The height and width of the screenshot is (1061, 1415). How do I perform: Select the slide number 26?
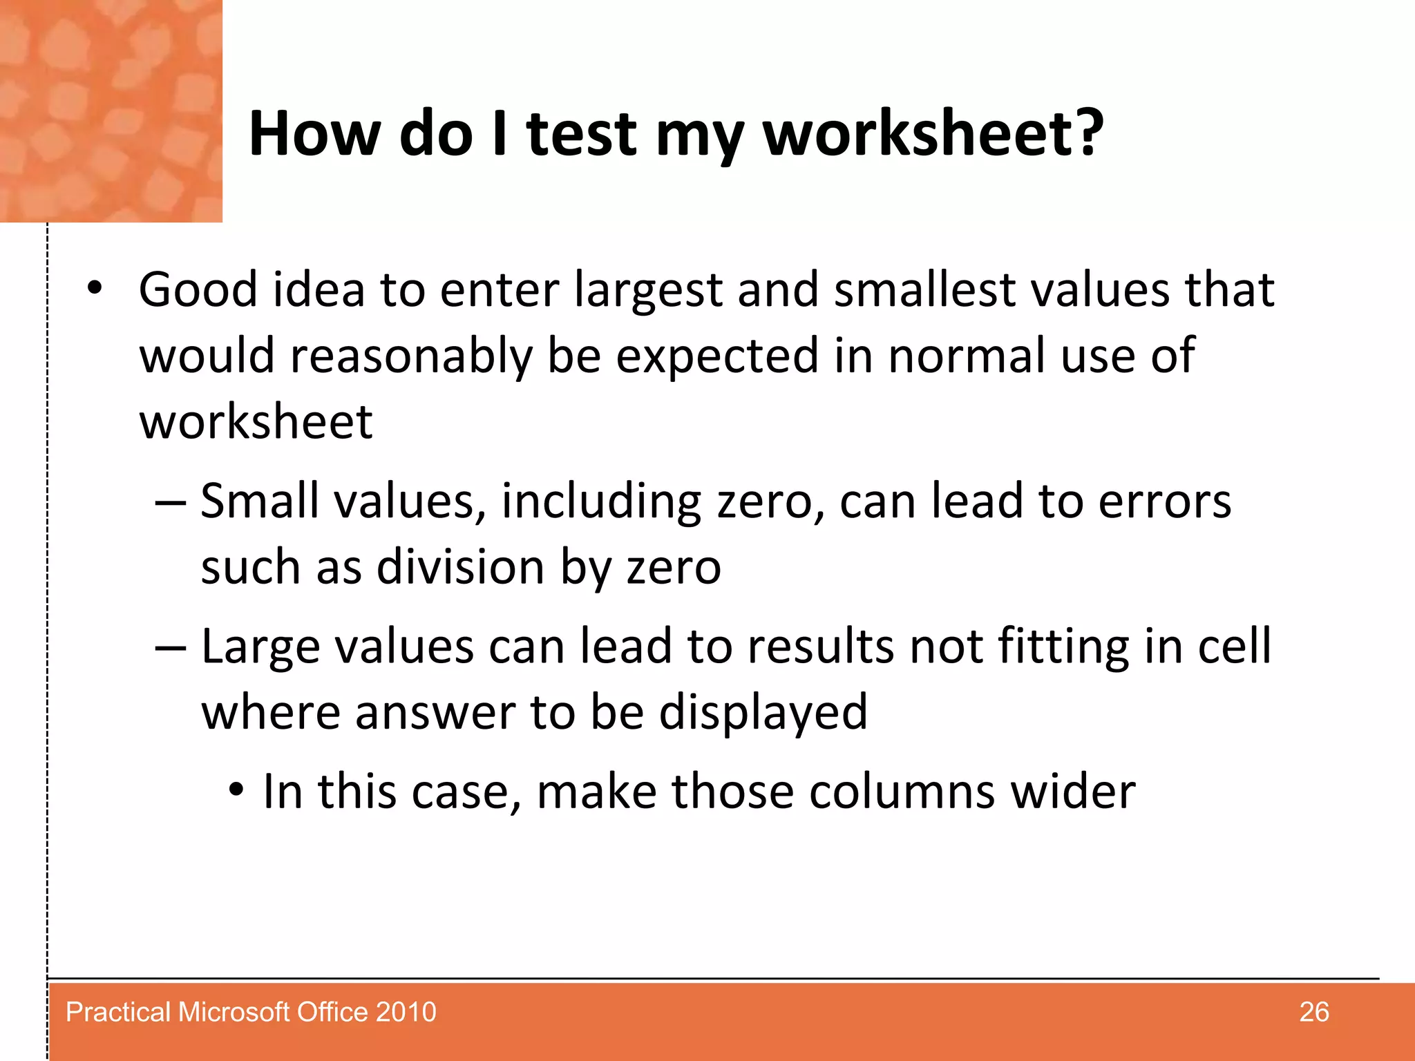1313,1012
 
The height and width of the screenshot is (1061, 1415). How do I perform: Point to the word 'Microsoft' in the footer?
234,1012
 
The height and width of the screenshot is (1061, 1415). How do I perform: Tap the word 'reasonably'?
411,356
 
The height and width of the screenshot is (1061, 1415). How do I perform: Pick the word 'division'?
460,567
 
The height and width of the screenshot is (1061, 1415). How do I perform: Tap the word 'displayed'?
763,713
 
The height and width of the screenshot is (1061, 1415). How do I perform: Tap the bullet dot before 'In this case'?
236,790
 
